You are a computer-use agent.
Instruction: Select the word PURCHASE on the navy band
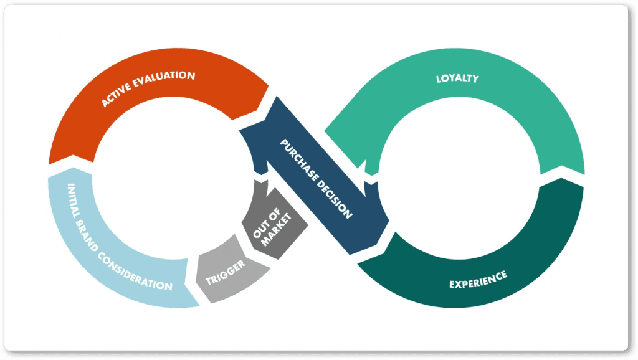pyautogui.click(x=298, y=160)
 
